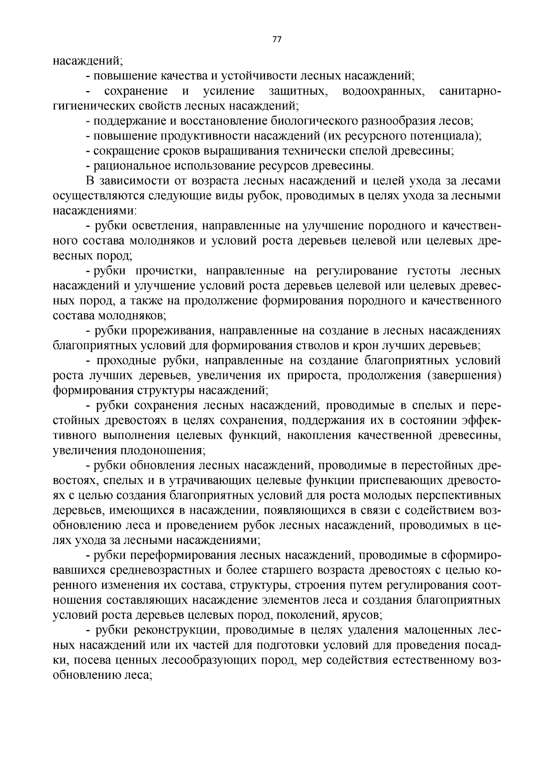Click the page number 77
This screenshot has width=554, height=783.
pos(277,39)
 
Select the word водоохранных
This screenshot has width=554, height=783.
pos(383,91)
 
